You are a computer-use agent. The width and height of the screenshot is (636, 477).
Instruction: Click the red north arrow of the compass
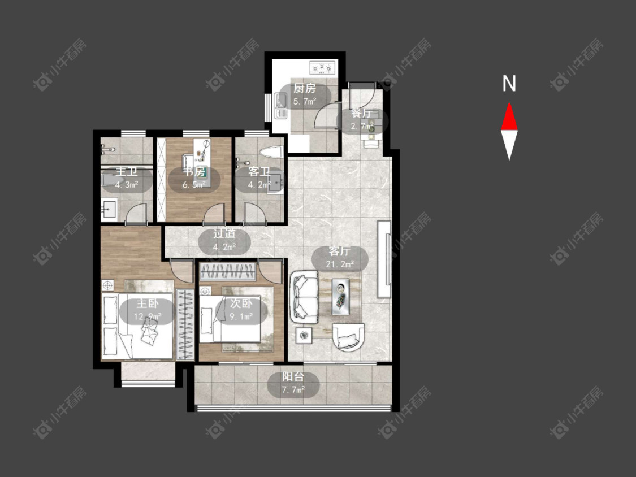[509, 118]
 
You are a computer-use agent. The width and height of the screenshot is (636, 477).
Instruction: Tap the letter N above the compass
[509, 84]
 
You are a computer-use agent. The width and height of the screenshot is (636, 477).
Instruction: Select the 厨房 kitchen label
[305, 88]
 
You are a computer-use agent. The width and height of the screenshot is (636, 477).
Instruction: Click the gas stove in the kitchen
[323, 67]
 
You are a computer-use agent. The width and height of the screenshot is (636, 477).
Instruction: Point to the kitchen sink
[280, 106]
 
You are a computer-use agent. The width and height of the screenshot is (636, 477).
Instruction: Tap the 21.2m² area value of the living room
[340, 264]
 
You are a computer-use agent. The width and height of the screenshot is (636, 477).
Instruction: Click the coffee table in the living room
[340, 297]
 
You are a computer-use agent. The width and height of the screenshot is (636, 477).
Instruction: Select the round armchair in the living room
[348, 337]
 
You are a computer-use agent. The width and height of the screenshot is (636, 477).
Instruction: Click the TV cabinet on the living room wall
[384, 259]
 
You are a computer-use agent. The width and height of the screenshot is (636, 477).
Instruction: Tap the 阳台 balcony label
[293, 377]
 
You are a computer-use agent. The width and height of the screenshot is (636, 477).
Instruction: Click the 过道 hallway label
[224, 234]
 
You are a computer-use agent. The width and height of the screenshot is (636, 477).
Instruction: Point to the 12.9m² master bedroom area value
[148, 316]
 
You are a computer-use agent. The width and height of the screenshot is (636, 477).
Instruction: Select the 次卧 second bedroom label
[241, 303]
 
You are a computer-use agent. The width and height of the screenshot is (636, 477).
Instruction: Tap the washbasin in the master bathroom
[109, 210]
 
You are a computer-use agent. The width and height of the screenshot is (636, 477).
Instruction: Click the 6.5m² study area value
[194, 185]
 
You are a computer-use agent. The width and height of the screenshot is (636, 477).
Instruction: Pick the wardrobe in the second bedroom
[228, 271]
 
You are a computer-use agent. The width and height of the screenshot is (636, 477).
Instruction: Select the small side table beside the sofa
[304, 335]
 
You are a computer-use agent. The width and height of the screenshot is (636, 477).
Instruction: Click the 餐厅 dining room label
[362, 113]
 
